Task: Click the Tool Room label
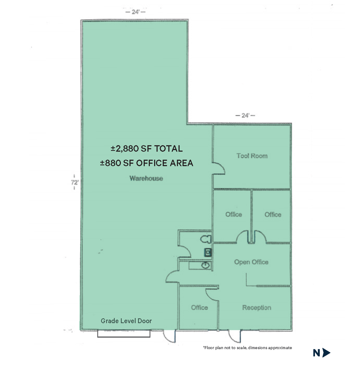pyautogui.click(x=252, y=156)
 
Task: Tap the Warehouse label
pyautogui.click(x=146, y=178)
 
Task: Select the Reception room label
pyautogui.click(x=256, y=308)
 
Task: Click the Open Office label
pyautogui.click(x=251, y=262)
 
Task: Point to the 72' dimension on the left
pyautogui.click(x=74, y=182)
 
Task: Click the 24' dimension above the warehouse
pyautogui.click(x=135, y=12)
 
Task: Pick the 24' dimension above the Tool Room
pyautogui.click(x=245, y=116)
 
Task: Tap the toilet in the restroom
pyautogui.click(x=206, y=239)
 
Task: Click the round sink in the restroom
pyautogui.click(x=206, y=266)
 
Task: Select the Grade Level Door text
pyautogui.click(x=126, y=321)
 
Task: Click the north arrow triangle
pyautogui.click(x=326, y=353)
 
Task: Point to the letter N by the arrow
pyautogui.click(x=317, y=353)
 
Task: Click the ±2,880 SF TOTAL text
pyautogui.click(x=146, y=149)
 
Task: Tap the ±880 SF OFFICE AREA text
pyautogui.click(x=146, y=163)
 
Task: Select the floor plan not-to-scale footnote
pyautogui.click(x=247, y=348)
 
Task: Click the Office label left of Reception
pyautogui.click(x=199, y=308)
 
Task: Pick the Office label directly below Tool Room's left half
pyautogui.click(x=234, y=215)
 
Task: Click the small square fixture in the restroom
pyautogui.click(x=208, y=252)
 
